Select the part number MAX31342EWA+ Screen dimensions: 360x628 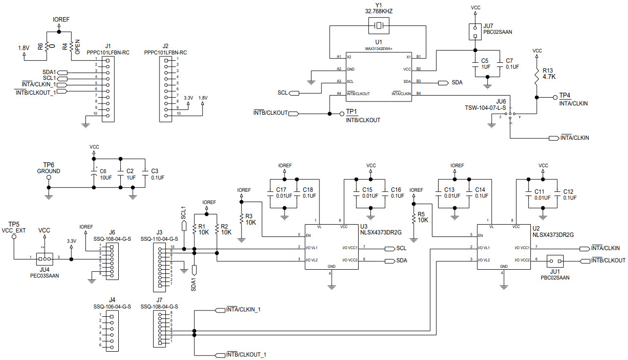tap(379, 49)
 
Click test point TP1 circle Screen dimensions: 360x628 tap(341, 114)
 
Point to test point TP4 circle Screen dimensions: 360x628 tap(555, 97)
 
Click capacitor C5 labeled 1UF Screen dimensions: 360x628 tap(475, 63)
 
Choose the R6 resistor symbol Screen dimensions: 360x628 tap(47, 47)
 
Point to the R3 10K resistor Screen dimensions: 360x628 tap(241, 219)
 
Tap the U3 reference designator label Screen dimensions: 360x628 tap(364, 227)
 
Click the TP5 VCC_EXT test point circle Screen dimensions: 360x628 tap(14, 236)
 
